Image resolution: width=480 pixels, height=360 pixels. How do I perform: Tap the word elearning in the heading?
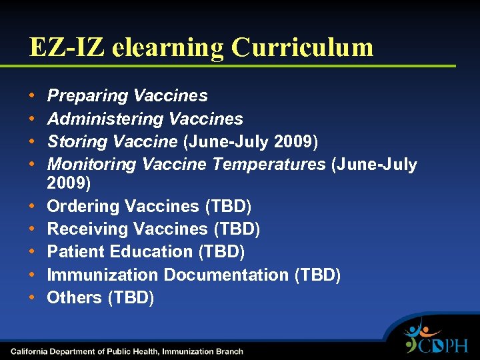pos(169,47)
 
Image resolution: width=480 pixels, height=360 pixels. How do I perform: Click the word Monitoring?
pos(91,164)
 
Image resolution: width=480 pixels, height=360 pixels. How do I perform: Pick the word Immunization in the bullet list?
pos(102,275)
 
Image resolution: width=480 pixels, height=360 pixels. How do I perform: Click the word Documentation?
pos(226,275)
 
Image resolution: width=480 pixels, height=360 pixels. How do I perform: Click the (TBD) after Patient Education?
pos(222,252)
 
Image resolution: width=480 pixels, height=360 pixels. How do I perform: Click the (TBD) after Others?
pos(131,297)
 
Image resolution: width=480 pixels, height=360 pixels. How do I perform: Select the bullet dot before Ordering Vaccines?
pos(33,207)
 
